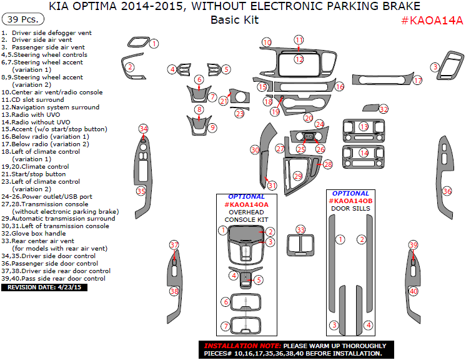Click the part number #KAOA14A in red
coord(432,20)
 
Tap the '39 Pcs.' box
coord(22,19)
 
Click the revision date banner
coord(44,287)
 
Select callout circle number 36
coord(447,191)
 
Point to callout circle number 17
coord(418,80)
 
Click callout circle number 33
coord(301,230)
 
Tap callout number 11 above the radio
coord(299,40)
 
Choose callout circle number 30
coord(255,150)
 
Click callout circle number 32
coord(384,109)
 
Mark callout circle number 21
coord(223,101)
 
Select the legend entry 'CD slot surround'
coord(37,99)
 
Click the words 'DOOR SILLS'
coord(350,209)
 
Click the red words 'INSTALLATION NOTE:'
coord(242,346)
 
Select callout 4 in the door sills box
coord(369,325)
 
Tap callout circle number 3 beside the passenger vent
coord(435,67)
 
